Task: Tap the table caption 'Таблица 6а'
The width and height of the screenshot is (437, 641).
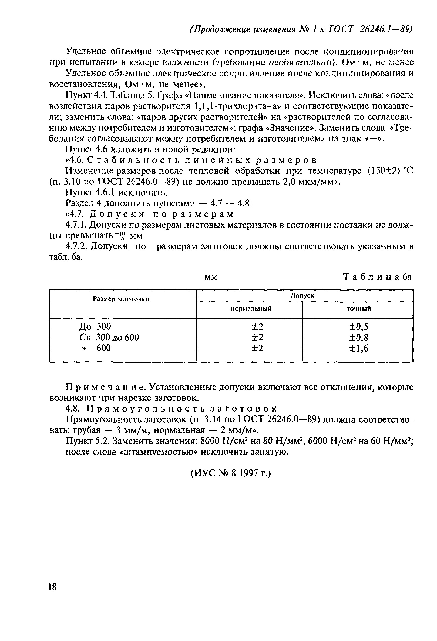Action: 377,277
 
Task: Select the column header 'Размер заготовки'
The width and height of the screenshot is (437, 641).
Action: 121,299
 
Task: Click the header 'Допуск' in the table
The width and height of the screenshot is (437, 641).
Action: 302,295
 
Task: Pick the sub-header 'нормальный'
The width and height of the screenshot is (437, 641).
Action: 251,308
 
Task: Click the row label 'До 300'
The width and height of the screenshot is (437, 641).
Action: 95,326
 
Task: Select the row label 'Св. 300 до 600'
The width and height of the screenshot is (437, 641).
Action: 109,337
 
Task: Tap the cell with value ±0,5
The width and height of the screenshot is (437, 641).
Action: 359,327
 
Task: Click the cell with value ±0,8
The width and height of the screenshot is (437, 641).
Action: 359,338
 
